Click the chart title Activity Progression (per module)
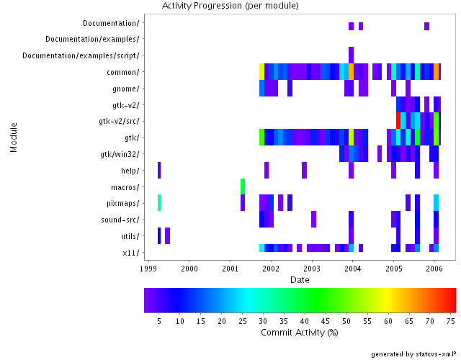(x=230, y=6)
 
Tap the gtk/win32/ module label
(x=120, y=154)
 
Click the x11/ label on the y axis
(x=130, y=253)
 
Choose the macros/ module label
(x=125, y=187)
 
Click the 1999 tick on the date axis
(x=148, y=268)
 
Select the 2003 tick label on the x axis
(x=312, y=268)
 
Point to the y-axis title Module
(x=14, y=137)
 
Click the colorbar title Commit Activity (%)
(x=299, y=333)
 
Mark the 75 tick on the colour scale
(x=451, y=320)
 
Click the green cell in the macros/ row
(x=243, y=186)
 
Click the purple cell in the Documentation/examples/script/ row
(x=351, y=55)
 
